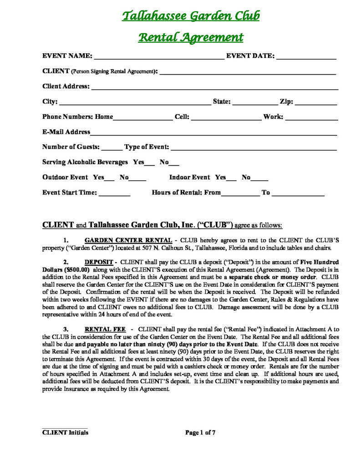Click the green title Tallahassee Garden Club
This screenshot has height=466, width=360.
[191, 16]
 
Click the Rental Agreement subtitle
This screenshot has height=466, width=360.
[191, 37]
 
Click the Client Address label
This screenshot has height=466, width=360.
[66, 86]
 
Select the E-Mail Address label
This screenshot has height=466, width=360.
[66, 132]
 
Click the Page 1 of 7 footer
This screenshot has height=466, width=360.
[200, 433]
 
